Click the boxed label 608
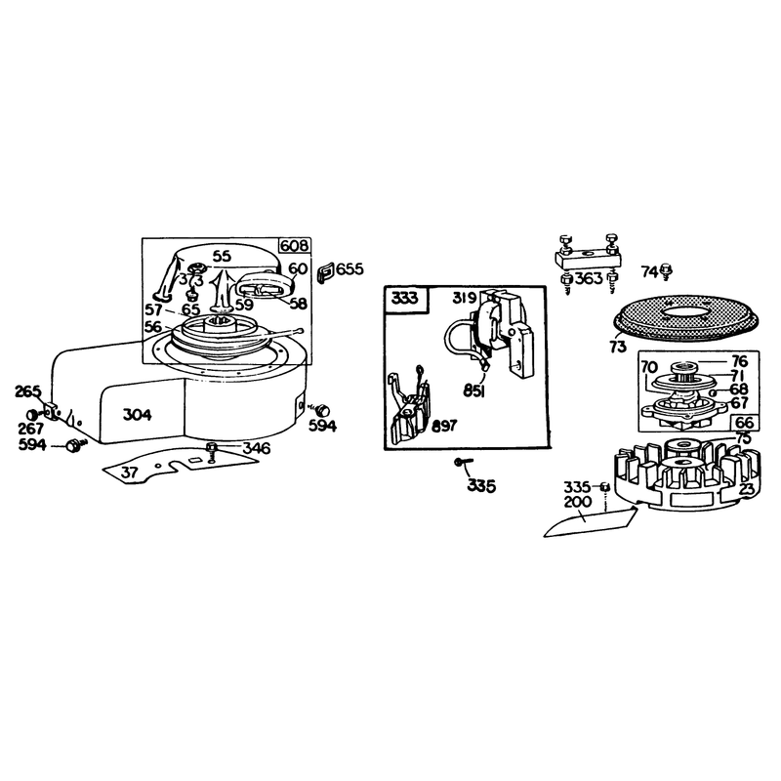[295, 246]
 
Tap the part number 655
[349, 269]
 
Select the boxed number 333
[405, 299]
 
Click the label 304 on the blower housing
[137, 414]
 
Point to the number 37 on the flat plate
[129, 472]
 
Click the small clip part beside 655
[325, 273]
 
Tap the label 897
[444, 426]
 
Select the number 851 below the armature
[473, 391]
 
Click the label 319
[465, 298]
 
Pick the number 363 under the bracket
[589, 278]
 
